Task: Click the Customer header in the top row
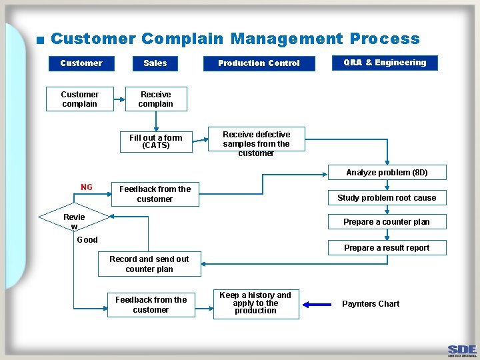[x=81, y=63]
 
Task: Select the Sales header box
[x=155, y=63]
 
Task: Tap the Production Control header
[x=259, y=63]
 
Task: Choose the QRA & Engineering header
[x=385, y=63]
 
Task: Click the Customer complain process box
[x=79, y=99]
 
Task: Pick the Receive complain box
[x=156, y=99]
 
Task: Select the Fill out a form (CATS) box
[x=156, y=141]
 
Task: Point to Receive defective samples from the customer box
[x=256, y=143]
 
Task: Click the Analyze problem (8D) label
[x=387, y=173]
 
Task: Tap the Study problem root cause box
[x=387, y=197]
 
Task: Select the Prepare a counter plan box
[x=387, y=222]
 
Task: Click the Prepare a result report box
[x=387, y=247]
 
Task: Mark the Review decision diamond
[x=74, y=217]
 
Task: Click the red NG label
[x=87, y=187]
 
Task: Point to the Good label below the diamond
[x=87, y=240]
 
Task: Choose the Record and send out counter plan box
[x=149, y=264]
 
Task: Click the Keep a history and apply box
[x=256, y=303]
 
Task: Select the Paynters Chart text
[x=371, y=304]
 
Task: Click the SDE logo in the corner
[x=462, y=350]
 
